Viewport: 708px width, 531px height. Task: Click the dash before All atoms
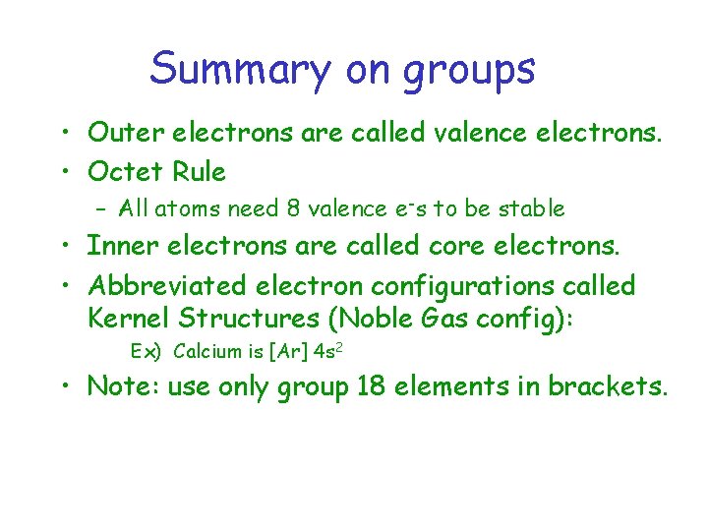pos(101,208)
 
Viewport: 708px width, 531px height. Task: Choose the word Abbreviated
pos(167,286)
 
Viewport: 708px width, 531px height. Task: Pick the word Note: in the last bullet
pos(124,386)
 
